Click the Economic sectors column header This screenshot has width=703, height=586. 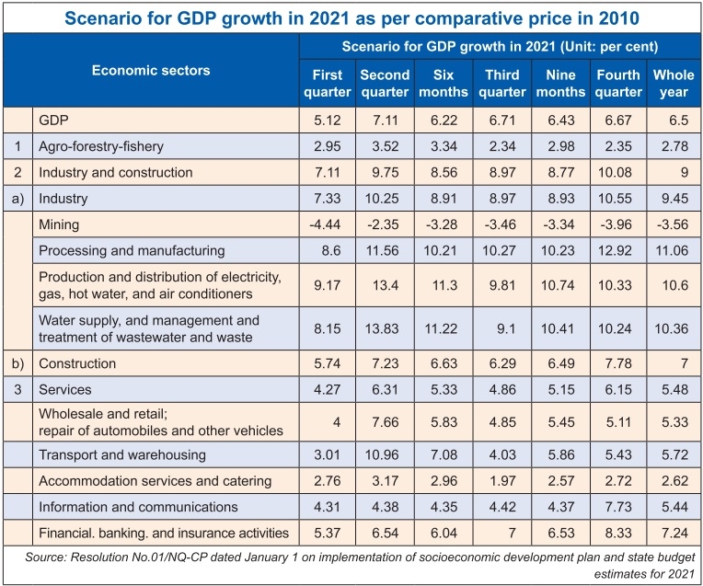click(x=151, y=70)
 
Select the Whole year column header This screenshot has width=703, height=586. click(x=673, y=83)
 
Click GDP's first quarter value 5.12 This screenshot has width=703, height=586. click(x=327, y=120)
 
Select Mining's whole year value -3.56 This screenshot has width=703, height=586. click(x=673, y=224)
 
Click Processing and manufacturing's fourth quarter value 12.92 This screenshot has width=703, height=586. click(x=617, y=250)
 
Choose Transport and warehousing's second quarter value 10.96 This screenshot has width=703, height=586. click(x=385, y=454)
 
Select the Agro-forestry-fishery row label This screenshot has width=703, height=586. click(x=102, y=145)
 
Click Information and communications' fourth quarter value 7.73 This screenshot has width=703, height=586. click(x=617, y=506)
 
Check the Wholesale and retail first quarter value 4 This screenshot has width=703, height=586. click(x=327, y=421)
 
